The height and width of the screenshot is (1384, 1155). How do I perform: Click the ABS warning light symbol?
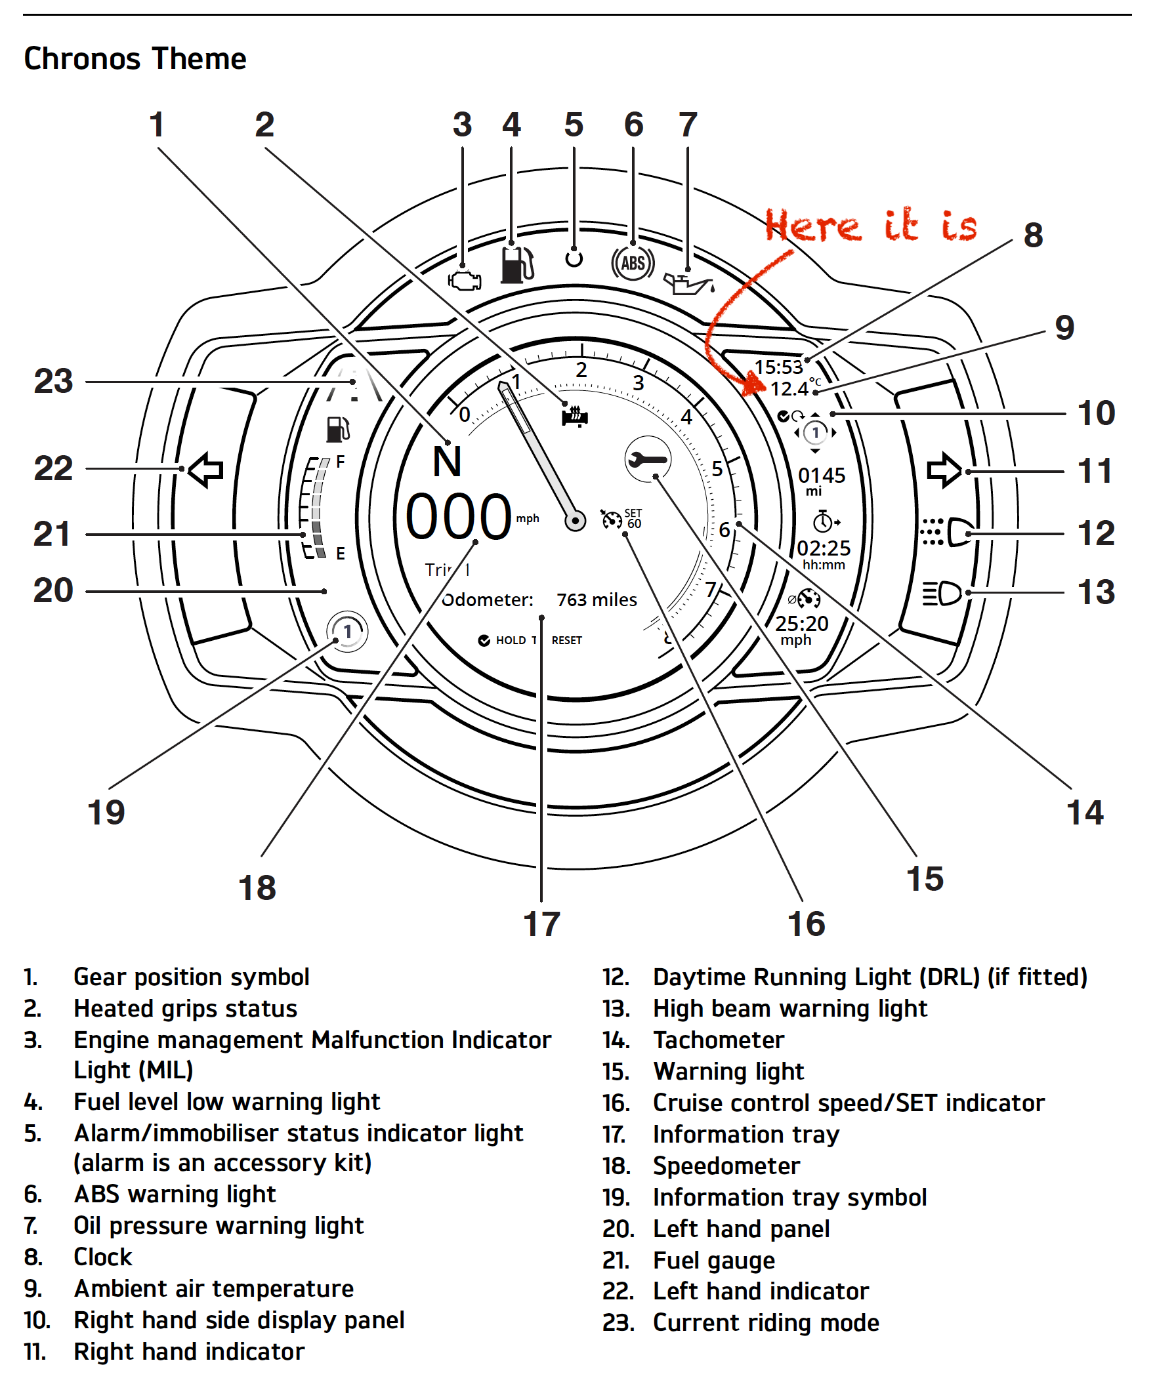[632, 263]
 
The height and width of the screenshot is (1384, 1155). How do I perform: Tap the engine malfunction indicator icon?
[465, 281]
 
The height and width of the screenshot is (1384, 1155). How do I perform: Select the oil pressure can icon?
[688, 284]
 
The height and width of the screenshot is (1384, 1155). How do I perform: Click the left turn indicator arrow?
[205, 470]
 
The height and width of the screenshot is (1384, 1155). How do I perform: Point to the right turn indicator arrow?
[944, 470]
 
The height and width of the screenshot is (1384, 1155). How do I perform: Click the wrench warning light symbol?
[647, 458]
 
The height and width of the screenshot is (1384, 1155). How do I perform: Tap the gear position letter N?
[447, 461]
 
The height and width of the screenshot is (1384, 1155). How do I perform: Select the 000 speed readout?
[458, 517]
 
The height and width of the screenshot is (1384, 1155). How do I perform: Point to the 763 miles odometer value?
[597, 600]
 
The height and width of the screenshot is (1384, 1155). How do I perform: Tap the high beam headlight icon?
[942, 593]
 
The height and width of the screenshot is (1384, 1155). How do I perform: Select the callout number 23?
[53, 381]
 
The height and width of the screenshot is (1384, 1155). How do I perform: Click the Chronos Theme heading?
[135, 58]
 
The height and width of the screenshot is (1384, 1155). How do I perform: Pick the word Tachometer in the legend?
[718, 1040]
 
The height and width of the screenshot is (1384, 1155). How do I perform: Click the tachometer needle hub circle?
[576, 521]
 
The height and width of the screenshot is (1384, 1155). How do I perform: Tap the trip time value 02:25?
[824, 548]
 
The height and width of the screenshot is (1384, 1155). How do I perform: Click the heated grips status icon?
[574, 416]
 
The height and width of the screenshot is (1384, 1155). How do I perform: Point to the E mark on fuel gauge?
[340, 553]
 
